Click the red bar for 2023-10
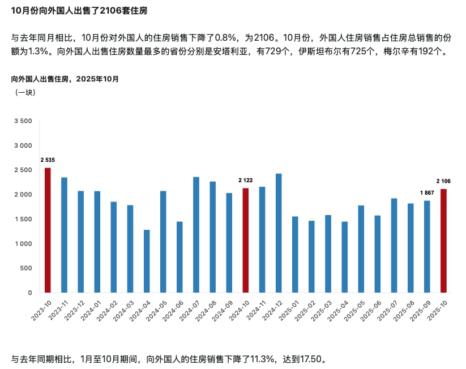[x=48, y=230]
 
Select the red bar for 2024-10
[x=245, y=240]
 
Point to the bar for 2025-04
[x=344, y=257]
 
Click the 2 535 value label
[x=48, y=160]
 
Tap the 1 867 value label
[x=427, y=193]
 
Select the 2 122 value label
[x=245, y=181]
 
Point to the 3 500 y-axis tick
[x=23, y=121]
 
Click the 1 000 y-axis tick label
[x=23, y=244]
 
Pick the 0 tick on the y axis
[x=30, y=293]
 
